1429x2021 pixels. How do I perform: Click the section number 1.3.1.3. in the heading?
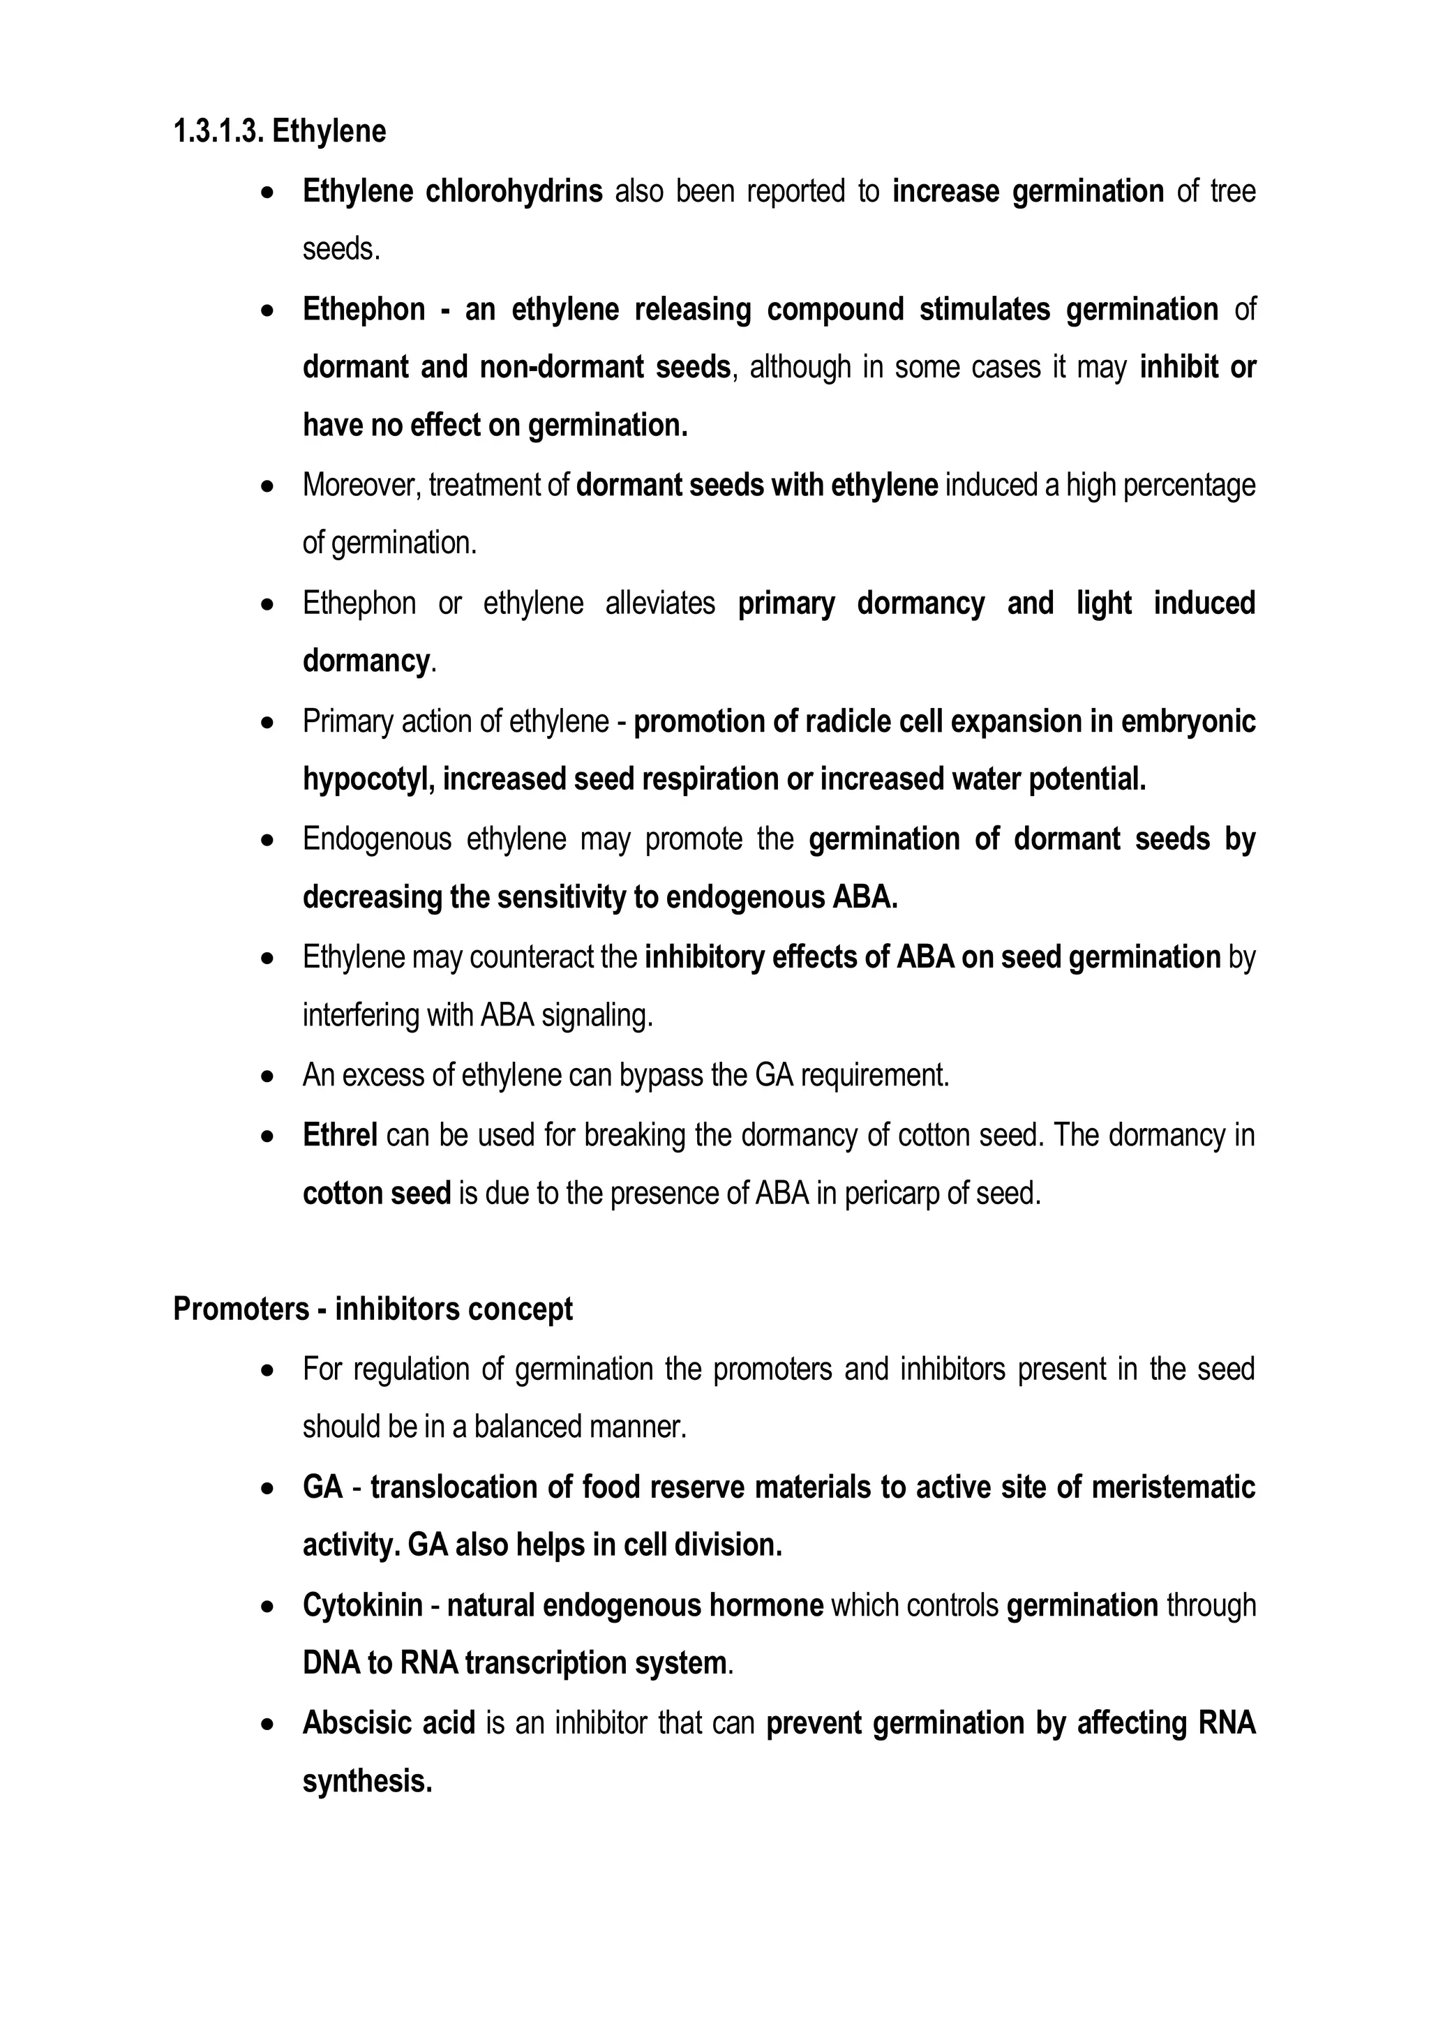(x=218, y=132)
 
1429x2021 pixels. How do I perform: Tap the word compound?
(x=835, y=310)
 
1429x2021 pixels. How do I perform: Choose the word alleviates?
(x=660, y=604)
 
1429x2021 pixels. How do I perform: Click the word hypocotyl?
(x=366, y=780)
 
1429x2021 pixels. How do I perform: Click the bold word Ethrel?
(x=340, y=1136)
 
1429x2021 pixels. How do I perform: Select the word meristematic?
(x=1173, y=1487)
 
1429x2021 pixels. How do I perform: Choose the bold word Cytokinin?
(x=362, y=1605)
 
